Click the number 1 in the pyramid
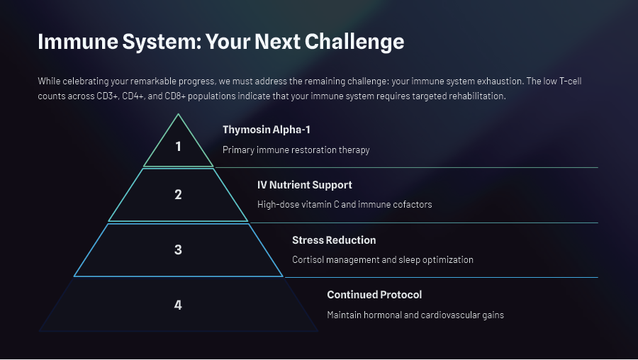pos(178,147)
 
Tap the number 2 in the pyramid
pos(178,194)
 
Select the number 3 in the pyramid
pos(178,249)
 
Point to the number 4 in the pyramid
pos(178,305)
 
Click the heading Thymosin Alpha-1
pos(267,130)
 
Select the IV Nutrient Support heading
pos(304,185)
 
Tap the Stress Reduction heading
pos(334,240)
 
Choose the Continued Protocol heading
pos(374,295)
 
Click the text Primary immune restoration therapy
pos(296,150)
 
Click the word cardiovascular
pos(444,315)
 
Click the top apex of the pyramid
pos(179,115)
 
